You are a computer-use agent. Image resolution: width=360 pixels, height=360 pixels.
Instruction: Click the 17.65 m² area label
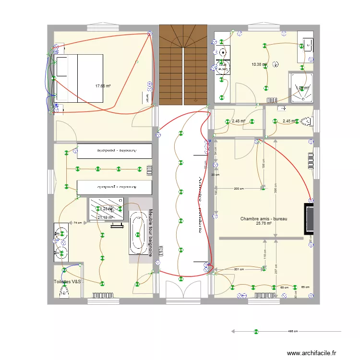[103, 86]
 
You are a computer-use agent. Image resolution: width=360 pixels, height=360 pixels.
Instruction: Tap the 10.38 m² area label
[259, 64]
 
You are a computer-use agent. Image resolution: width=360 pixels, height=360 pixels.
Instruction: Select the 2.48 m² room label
[239, 121]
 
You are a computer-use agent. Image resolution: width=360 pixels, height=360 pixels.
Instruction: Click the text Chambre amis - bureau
[264, 219]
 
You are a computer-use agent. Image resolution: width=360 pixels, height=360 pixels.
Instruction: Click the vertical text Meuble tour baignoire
[150, 233]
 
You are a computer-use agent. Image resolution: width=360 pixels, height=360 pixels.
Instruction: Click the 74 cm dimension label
[77, 223]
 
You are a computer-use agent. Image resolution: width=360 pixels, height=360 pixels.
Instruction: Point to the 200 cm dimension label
[238, 189]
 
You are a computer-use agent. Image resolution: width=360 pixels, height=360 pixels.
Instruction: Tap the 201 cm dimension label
[239, 270]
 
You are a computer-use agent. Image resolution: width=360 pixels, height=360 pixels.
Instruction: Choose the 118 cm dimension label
[265, 255]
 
